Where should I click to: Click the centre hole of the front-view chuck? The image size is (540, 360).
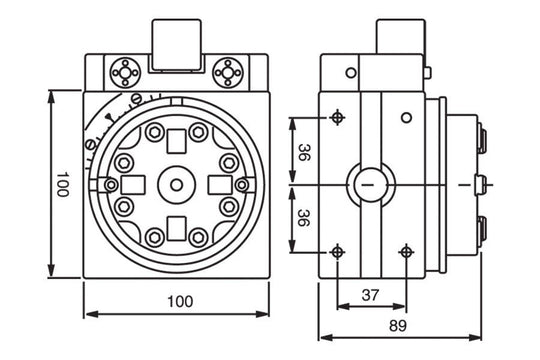point(176,185)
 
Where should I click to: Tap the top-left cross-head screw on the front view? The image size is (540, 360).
point(126,72)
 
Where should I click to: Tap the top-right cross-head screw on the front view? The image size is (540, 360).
point(229,72)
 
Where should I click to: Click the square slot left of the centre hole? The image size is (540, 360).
point(132,185)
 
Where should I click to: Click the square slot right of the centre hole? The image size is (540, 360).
point(219,185)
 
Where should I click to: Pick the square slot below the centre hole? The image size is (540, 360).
point(176,226)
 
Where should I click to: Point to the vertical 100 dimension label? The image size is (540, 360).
point(62,185)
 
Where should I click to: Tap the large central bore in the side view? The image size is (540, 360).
point(368,185)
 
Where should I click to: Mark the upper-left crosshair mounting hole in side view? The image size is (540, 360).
point(337,117)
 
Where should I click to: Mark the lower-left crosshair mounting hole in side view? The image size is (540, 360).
point(337,251)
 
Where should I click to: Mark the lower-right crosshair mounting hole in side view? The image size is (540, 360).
point(406,251)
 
